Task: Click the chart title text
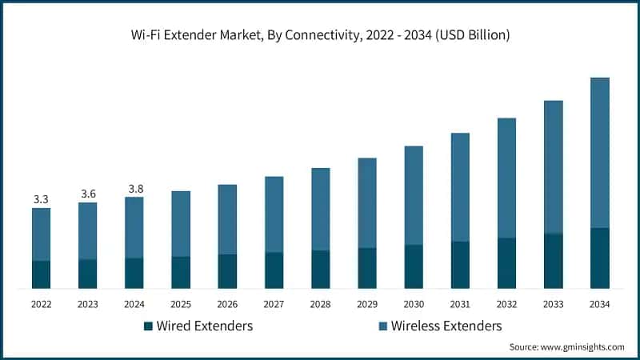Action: point(320,35)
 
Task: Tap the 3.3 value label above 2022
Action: point(41,198)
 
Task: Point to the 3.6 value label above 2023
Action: point(87,193)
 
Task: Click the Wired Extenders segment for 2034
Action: point(599,258)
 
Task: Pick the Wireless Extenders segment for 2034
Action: point(599,153)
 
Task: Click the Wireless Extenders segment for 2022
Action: point(41,234)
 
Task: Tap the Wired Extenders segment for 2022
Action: point(41,274)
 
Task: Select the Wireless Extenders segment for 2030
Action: point(414,195)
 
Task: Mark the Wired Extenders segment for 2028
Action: point(321,269)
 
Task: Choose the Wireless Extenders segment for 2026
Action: point(227,219)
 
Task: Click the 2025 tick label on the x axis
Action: point(181,304)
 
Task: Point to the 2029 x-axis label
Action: point(367,304)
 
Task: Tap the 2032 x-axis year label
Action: point(506,304)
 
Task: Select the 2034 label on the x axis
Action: point(599,304)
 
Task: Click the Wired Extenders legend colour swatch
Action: point(148,326)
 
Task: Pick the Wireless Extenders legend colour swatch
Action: point(383,326)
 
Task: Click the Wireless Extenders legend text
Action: point(446,326)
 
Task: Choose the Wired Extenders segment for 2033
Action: point(553,261)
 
